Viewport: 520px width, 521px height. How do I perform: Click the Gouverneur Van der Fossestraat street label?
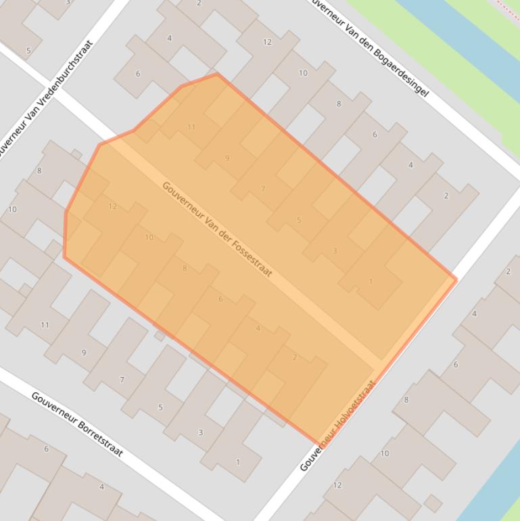[217, 229]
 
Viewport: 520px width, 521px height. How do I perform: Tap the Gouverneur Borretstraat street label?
[77, 424]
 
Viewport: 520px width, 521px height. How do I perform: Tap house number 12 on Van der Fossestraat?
[112, 206]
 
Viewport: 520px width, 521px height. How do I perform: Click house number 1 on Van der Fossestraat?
[371, 281]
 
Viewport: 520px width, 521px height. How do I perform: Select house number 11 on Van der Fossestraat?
[191, 127]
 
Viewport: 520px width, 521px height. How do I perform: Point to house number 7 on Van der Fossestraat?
[263, 189]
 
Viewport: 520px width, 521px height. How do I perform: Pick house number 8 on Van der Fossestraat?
[185, 268]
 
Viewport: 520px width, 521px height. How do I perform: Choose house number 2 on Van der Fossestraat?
[294, 357]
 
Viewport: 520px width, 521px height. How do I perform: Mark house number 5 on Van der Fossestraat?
[299, 220]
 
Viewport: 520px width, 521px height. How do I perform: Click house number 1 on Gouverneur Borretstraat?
[237, 462]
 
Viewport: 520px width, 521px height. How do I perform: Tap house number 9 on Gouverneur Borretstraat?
[84, 353]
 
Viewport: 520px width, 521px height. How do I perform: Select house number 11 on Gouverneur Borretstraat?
[45, 325]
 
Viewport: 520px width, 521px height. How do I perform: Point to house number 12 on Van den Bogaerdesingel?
[267, 42]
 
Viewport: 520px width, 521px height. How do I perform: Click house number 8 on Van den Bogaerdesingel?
[339, 104]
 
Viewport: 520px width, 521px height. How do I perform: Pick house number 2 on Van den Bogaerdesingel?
[446, 196]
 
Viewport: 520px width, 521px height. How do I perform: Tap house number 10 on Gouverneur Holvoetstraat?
[385, 453]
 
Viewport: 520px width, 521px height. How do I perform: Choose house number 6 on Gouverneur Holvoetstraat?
[455, 365]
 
